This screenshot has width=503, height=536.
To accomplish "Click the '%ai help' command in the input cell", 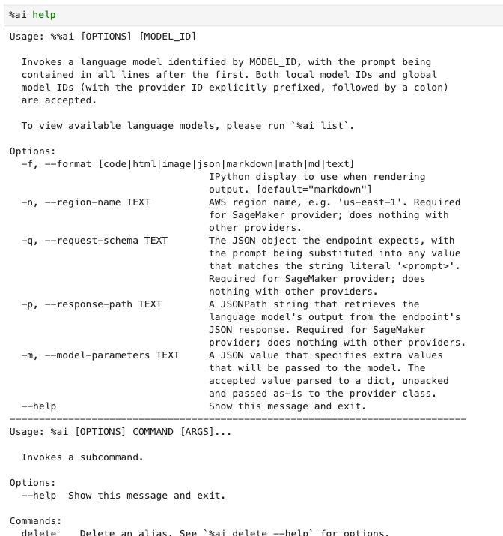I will [32, 15].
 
